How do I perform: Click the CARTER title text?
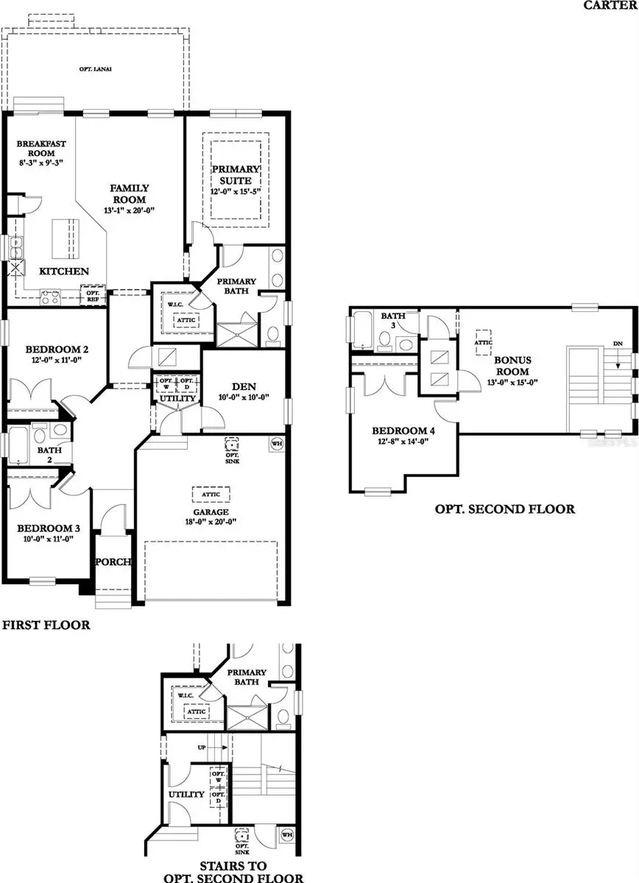click(x=610, y=5)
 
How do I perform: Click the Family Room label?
click(x=129, y=194)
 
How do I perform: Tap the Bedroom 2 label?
click(x=46, y=350)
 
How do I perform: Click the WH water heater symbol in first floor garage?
click(x=278, y=444)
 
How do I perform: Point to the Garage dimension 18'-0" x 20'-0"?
click(x=211, y=522)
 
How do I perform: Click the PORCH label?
click(x=113, y=562)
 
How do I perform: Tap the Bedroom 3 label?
click(x=43, y=528)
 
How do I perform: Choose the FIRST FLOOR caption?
click(x=46, y=625)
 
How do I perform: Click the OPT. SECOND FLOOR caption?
click(x=504, y=508)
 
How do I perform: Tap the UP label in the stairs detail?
click(x=201, y=746)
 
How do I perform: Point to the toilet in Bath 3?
click(x=385, y=339)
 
